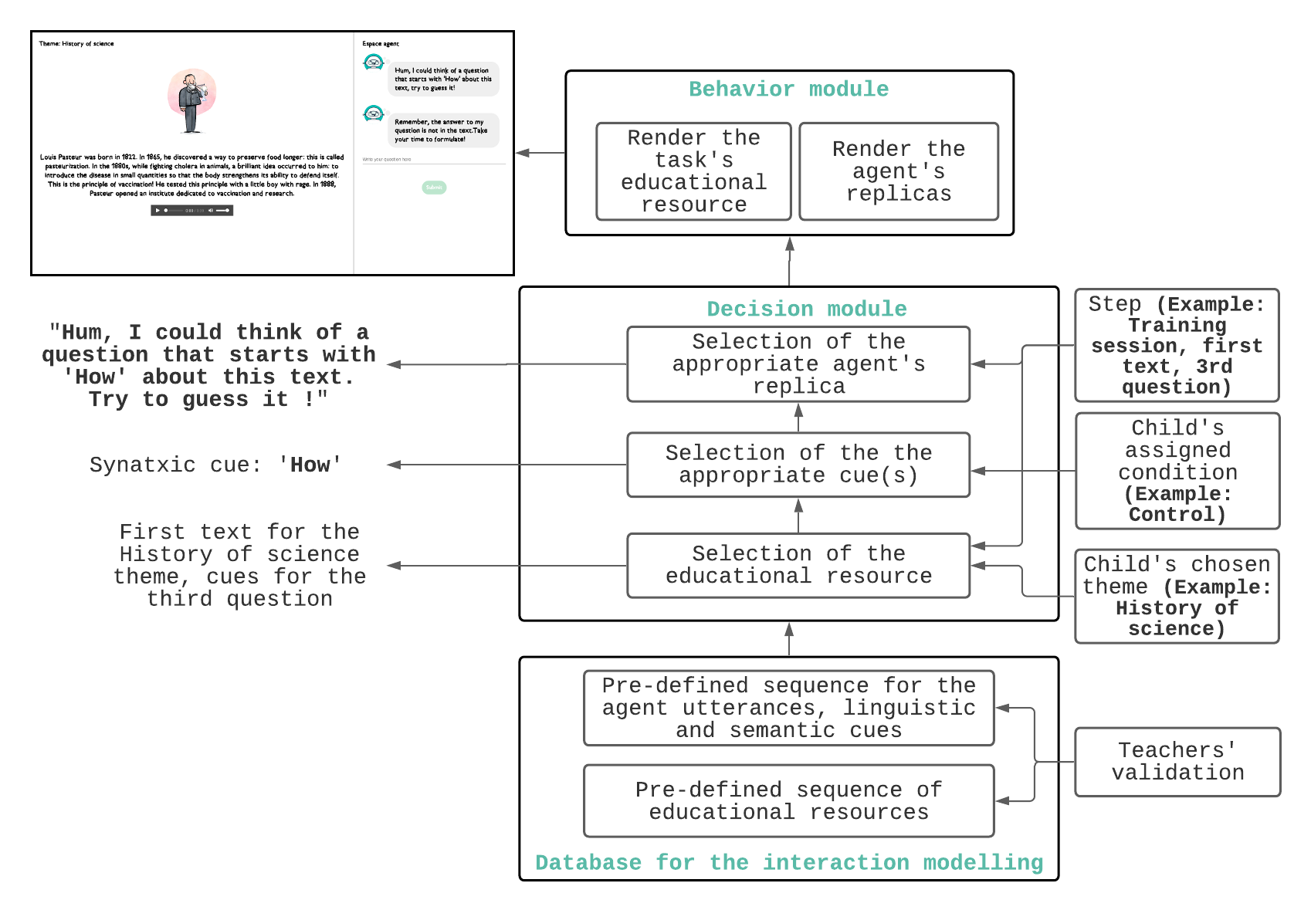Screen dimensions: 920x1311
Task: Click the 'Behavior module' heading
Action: point(788,90)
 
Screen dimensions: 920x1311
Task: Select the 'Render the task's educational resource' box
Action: point(693,171)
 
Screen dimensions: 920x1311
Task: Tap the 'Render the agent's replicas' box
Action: point(898,171)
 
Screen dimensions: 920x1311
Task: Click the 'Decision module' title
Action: point(806,309)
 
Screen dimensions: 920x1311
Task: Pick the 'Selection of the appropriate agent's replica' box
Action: point(798,364)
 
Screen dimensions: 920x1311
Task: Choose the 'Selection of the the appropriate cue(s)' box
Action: point(798,464)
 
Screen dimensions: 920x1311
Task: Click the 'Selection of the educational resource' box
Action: point(798,565)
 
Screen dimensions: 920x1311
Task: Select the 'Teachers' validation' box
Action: point(1177,762)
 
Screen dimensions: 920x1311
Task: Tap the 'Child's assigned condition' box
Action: point(1177,471)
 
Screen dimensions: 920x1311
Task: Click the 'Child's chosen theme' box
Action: point(1177,596)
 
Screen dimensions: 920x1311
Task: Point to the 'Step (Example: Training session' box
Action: point(1177,345)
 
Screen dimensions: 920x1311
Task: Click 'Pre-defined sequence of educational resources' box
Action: point(788,800)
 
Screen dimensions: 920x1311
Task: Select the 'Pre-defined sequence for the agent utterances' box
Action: point(788,708)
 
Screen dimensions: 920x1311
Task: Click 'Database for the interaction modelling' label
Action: point(788,862)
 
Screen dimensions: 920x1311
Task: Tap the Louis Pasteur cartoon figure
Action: point(191,100)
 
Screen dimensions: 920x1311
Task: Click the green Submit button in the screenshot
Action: point(434,188)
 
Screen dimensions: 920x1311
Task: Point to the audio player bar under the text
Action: point(191,210)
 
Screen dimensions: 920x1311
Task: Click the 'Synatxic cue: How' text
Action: point(215,465)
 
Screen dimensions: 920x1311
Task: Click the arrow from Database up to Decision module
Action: point(789,639)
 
